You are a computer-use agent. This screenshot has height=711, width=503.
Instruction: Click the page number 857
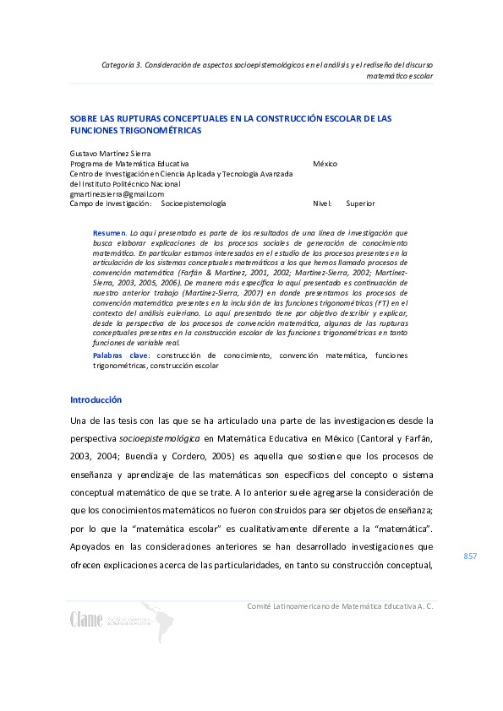click(471, 556)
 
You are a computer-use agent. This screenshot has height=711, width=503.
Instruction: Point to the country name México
click(325, 163)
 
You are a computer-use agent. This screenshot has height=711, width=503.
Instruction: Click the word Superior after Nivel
click(360, 204)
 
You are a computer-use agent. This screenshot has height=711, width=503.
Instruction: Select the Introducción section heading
click(96, 399)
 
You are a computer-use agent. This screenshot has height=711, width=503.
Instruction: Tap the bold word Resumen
click(108, 231)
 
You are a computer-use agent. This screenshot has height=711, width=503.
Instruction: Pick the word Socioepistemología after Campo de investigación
click(194, 204)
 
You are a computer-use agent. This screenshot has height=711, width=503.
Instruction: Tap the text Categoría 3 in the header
click(123, 64)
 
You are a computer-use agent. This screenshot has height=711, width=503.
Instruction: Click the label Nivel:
click(323, 204)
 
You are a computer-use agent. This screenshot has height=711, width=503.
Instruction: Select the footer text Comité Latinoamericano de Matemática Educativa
click(339, 606)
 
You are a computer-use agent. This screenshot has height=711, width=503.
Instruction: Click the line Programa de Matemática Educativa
click(129, 163)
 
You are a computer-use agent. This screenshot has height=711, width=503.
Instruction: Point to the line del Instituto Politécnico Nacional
click(125, 183)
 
